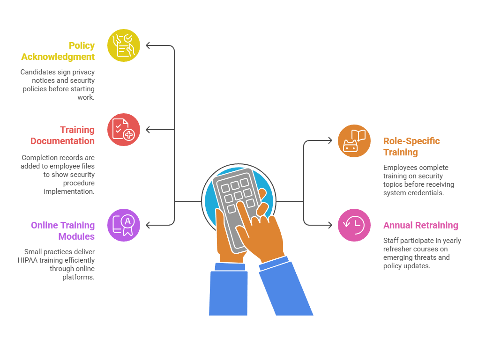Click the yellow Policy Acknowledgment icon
coord(124,45)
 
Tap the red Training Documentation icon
coord(124,130)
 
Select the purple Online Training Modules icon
coord(124,225)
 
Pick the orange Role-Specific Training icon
coord(354,141)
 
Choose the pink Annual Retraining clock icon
coord(354,225)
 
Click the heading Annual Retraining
coord(420,225)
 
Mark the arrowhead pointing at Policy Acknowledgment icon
coord(148,45)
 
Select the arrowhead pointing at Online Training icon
coord(148,225)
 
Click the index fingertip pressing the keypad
coord(240,204)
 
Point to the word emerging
coord(398,257)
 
